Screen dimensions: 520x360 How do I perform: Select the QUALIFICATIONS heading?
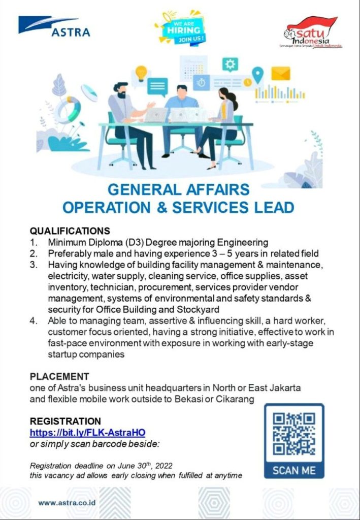coord(70,231)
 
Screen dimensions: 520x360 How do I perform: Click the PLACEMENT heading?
coord(59,376)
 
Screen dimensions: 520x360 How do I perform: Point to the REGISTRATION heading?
coord(66,421)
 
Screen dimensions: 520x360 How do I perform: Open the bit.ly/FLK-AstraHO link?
coord(88,433)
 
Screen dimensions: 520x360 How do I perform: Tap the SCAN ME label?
coord(293,470)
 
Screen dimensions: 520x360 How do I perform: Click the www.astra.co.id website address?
coord(68,503)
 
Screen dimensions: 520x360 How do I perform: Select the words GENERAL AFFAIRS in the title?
coord(179,190)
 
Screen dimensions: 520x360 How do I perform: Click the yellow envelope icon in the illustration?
coord(280,74)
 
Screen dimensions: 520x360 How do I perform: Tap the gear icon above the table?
coord(231,64)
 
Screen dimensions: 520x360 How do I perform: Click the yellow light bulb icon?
coord(141,72)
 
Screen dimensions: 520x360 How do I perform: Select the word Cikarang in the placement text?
coord(235,400)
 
